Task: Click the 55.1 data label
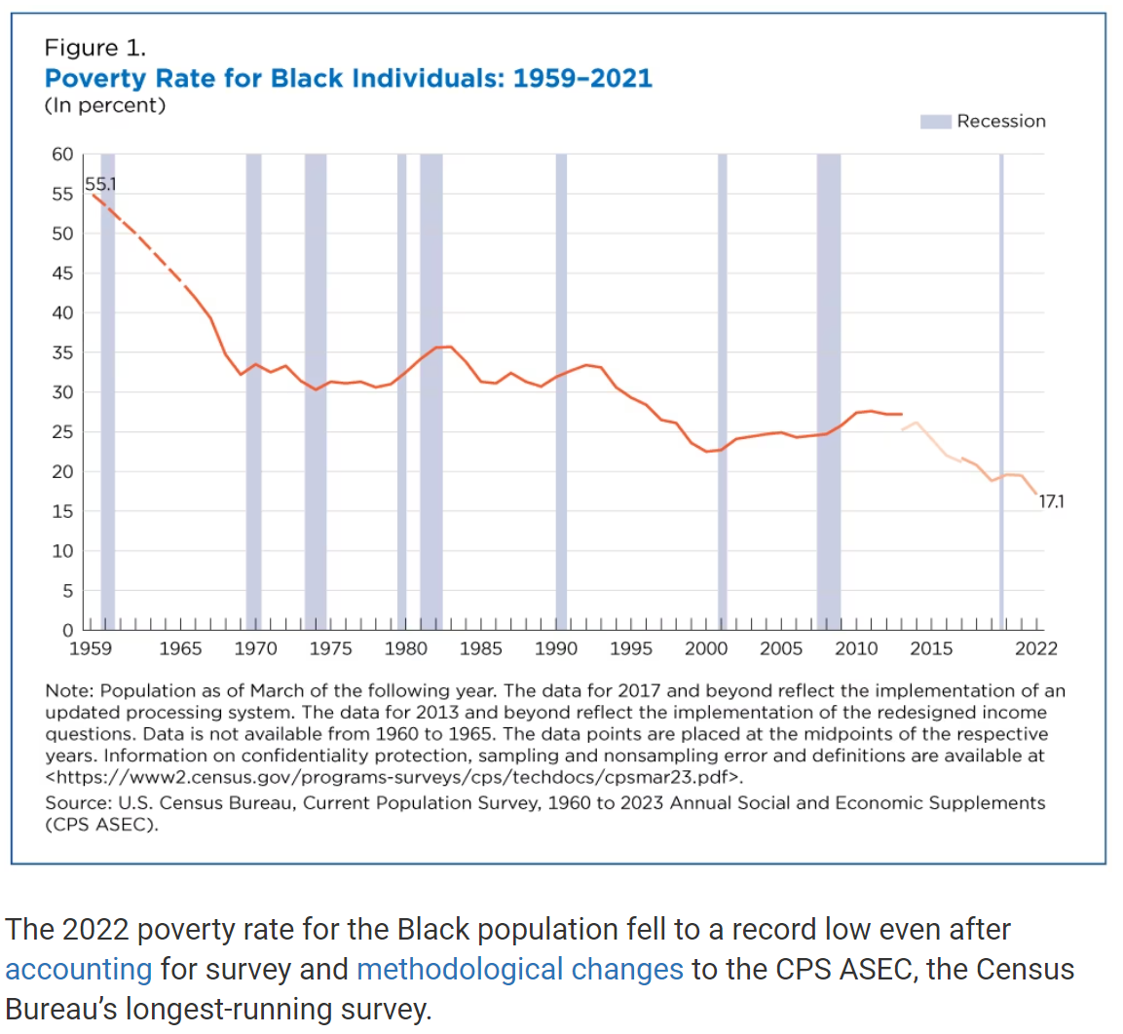[100, 183]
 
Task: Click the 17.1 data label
[1051, 501]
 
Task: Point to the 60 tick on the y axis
[62, 154]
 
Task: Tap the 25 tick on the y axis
[62, 431]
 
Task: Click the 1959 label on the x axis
[90, 648]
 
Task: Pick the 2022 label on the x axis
[1035, 648]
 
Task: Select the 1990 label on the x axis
[556, 648]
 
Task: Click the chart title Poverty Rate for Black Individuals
[348, 78]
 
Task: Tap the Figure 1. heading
[94, 48]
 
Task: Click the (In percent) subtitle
[105, 105]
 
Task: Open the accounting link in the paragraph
[79, 969]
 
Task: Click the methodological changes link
[520, 969]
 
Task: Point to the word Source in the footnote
[76, 802]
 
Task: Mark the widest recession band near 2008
[828, 389]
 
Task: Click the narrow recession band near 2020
[1001, 389]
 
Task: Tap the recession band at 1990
[561, 389]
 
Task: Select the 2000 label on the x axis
[706, 648]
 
